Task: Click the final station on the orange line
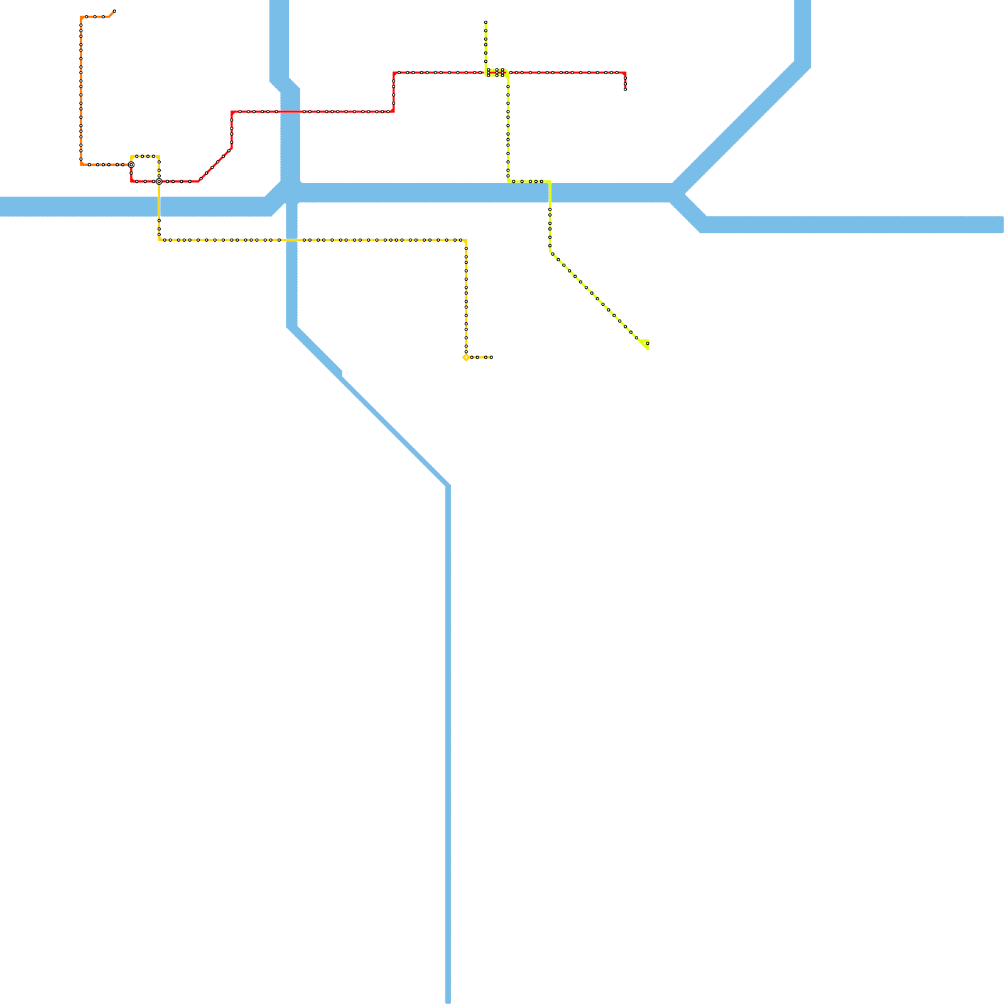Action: [114, 11]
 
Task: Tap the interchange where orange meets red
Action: [131, 165]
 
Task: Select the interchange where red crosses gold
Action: [159, 182]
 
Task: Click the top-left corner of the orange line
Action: [82, 18]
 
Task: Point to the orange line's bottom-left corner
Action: [82, 164]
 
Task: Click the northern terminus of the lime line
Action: [486, 23]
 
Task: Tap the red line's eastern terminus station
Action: [625, 89]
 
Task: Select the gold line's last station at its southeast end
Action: [491, 357]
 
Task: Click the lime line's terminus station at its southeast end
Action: [648, 344]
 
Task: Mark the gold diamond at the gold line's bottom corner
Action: [465, 357]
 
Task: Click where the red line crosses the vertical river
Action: [290, 112]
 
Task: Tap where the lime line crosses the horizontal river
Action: [550, 193]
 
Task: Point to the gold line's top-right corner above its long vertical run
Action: [465, 240]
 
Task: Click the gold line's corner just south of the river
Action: [159, 240]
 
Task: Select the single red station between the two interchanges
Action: [145, 182]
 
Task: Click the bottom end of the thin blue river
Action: [448, 1001]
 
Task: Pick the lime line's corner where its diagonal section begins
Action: [550, 252]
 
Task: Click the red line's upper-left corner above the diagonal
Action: [232, 112]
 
